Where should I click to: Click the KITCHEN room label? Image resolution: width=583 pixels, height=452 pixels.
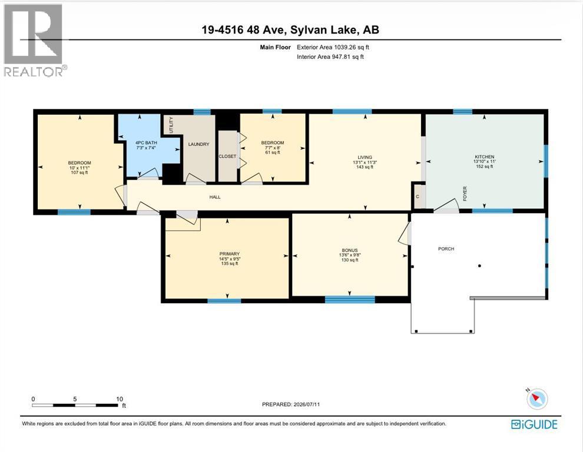[x=484, y=157]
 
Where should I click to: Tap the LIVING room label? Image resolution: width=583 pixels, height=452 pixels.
[x=365, y=157]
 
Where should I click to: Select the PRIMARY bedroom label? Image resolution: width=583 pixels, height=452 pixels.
[x=230, y=254]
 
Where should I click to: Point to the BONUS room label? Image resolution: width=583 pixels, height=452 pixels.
[x=349, y=251]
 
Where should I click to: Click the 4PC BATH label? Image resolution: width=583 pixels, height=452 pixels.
[x=146, y=143]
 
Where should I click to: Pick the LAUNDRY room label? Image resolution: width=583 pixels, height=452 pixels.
[x=198, y=144]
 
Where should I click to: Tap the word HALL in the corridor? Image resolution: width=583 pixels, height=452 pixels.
[x=215, y=197]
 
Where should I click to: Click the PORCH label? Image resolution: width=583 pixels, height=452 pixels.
[x=446, y=249]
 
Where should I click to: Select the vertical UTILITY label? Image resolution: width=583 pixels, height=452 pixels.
[x=171, y=125]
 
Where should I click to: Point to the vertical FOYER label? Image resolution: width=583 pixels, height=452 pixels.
[x=465, y=194]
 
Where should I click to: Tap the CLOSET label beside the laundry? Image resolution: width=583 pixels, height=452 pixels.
[x=227, y=157]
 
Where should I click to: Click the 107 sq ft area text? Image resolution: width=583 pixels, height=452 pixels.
[x=79, y=172]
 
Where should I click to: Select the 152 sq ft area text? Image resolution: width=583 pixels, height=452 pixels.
[x=484, y=167]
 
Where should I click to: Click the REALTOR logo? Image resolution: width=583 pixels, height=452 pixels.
[x=35, y=40]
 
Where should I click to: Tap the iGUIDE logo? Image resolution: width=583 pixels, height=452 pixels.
[x=534, y=424]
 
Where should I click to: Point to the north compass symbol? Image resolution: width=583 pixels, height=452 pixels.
[x=536, y=399]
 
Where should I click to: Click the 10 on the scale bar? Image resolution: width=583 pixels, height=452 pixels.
[x=120, y=399]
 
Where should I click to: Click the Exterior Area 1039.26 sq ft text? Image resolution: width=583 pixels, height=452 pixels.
[x=333, y=47]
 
